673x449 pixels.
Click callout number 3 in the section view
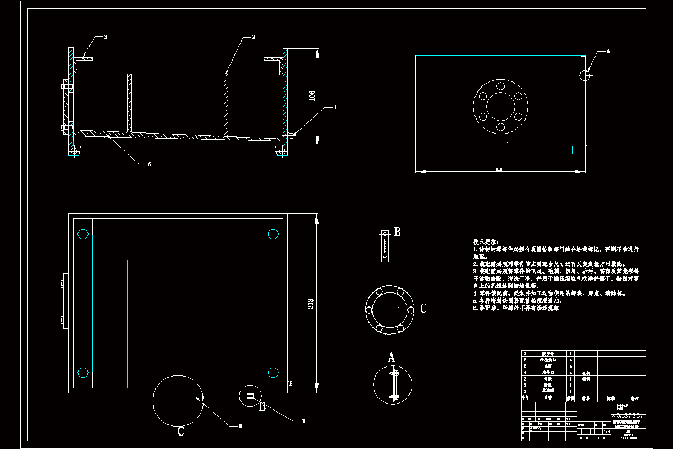pos(105,37)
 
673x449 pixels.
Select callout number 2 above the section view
pos(253,37)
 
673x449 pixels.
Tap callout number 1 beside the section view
pos(335,106)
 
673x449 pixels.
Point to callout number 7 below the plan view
pos(303,420)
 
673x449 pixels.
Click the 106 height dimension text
pos(312,97)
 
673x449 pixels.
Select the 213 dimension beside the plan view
pos(311,303)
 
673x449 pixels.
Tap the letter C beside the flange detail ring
pos(423,308)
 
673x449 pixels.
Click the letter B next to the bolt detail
pos(397,232)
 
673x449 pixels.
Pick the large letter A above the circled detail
pos(392,357)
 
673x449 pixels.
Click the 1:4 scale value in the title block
pos(606,432)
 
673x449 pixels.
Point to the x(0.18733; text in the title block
pos(626,412)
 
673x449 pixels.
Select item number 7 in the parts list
pos(525,354)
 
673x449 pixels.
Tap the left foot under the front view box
pos(422,150)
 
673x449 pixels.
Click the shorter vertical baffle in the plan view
pos(130,324)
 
